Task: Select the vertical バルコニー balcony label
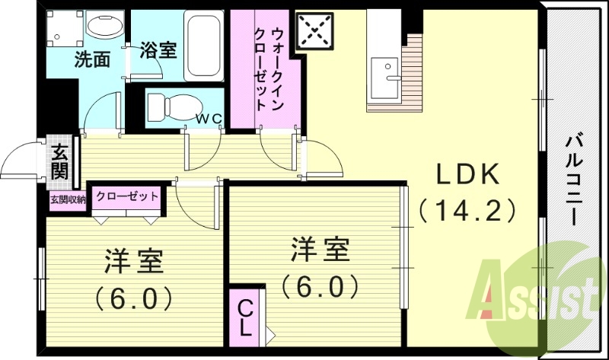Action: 576,180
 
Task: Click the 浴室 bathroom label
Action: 159,51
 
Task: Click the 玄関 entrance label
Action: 59,159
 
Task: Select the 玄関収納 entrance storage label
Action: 67,199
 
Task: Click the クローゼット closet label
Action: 127,196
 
